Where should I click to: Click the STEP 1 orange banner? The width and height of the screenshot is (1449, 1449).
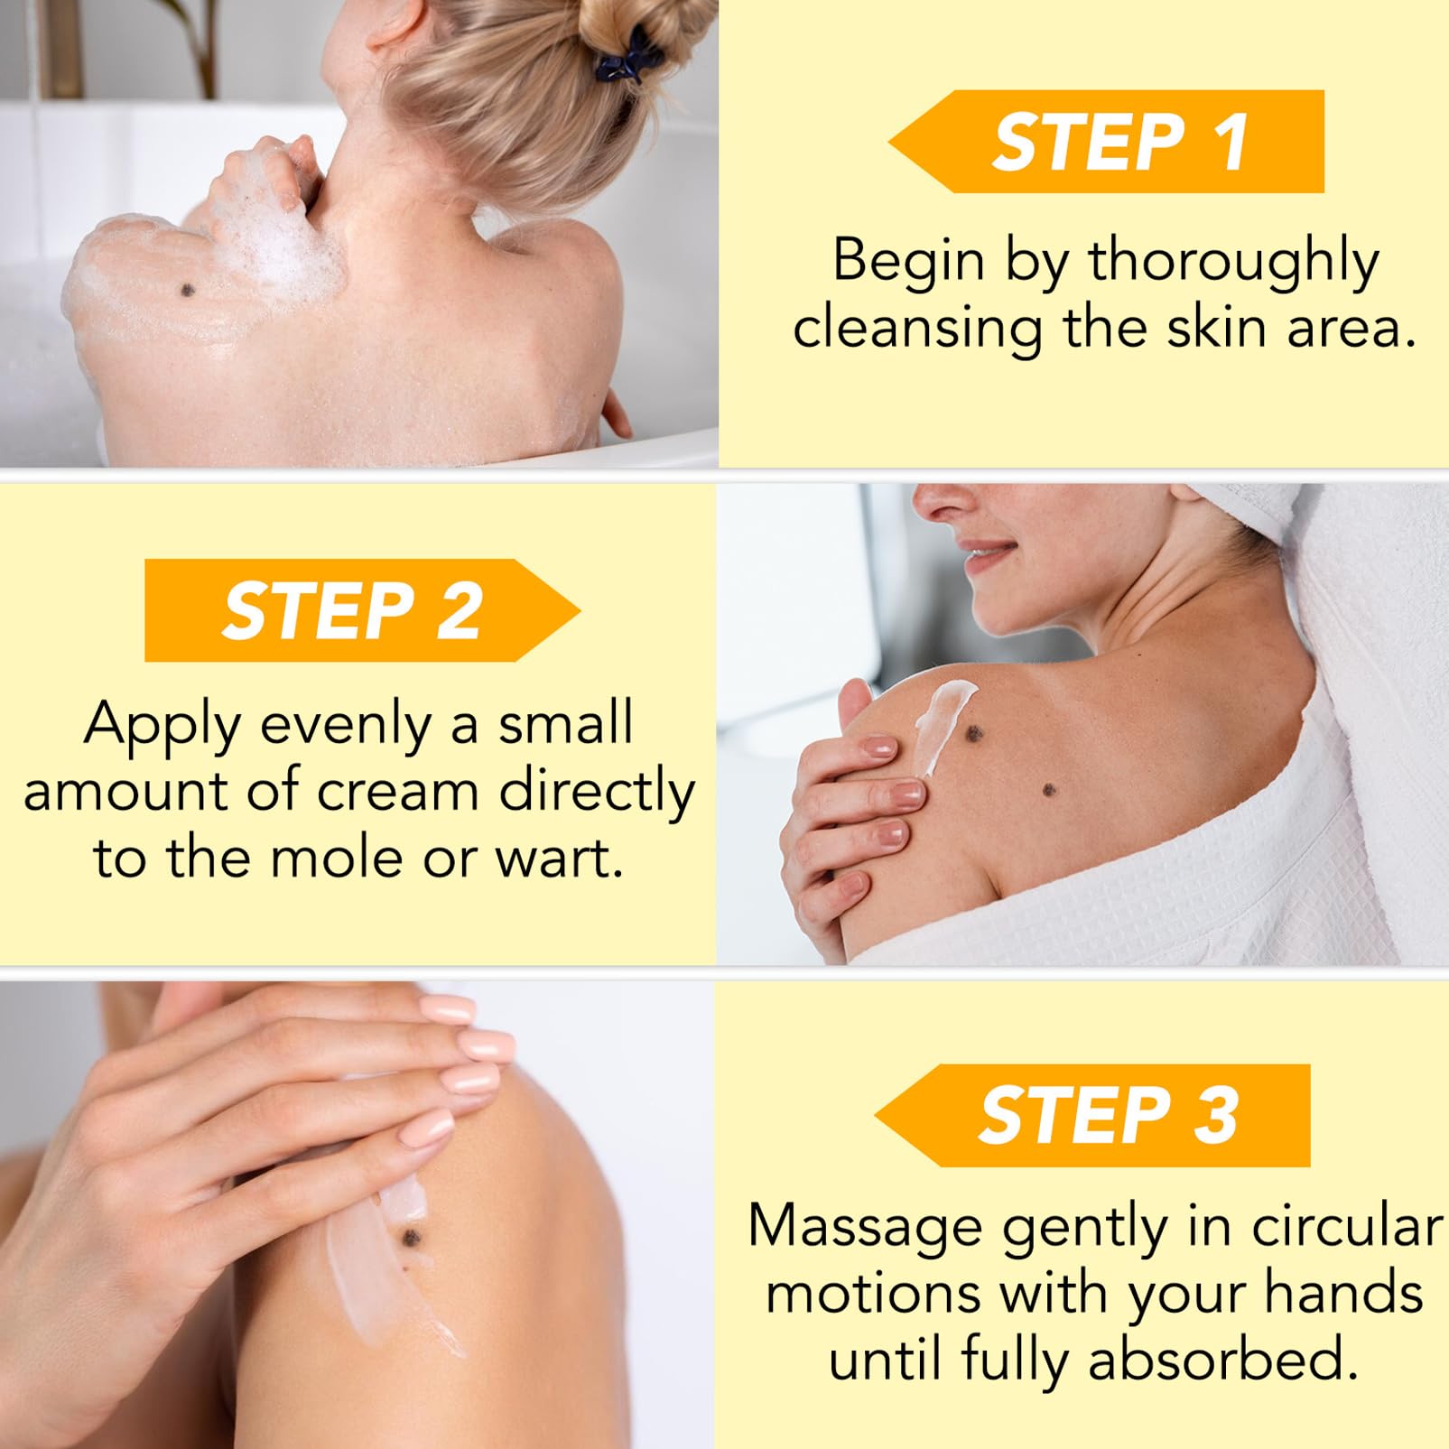pyautogui.click(x=1107, y=142)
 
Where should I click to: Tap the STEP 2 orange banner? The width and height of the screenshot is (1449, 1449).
pyautogui.click(x=362, y=610)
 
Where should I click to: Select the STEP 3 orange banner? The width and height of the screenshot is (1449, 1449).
pyautogui.click(x=1092, y=1115)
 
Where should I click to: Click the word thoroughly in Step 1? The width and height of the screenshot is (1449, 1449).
pyautogui.click(x=1233, y=263)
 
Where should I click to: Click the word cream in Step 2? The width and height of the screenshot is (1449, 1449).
pyautogui.click(x=398, y=791)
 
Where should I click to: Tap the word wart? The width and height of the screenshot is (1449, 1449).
pyautogui.click(x=560, y=859)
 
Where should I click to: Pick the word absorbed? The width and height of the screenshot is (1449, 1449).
pyautogui.click(x=1223, y=1359)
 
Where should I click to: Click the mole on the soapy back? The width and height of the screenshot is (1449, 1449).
pyautogui.click(x=188, y=290)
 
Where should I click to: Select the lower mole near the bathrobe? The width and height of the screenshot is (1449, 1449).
pyautogui.click(x=1049, y=791)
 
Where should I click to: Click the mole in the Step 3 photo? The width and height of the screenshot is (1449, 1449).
pyautogui.click(x=411, y=1236)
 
